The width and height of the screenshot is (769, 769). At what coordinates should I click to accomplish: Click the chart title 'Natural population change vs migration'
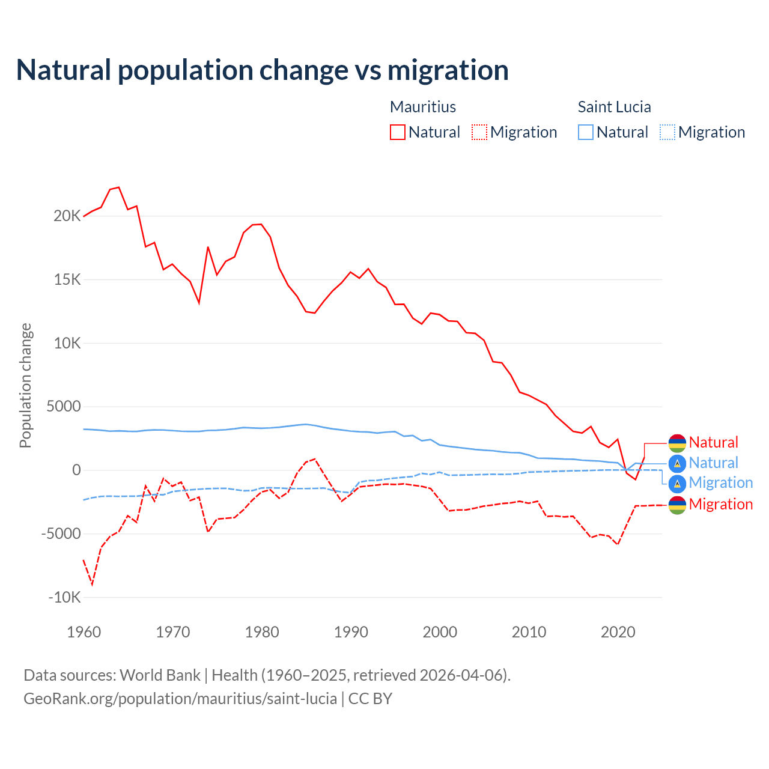pos(263,70)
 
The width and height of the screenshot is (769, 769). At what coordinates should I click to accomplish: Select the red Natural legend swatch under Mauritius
pos(398,132)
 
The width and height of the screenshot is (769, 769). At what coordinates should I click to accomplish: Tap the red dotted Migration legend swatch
pos(479,132)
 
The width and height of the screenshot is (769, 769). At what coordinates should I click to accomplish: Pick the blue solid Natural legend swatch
pos(586,132)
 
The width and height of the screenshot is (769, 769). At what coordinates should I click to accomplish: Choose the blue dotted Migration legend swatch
pos(667,132)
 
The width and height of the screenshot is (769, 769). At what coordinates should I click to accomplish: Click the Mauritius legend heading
pos(423,107)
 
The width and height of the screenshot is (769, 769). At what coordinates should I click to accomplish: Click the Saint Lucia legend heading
pos(614,107)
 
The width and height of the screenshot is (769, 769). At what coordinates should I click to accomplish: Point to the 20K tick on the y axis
pos(67,216)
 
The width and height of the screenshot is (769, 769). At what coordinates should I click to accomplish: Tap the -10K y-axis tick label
pos(64,597)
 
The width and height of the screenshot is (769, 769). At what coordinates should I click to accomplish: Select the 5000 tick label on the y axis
pos(64,407)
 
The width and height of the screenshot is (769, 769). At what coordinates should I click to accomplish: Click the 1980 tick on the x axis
pos(262,632)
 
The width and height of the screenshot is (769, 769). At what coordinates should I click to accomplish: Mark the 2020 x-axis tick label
pos(618,632)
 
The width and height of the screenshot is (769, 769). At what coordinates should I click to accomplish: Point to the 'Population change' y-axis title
pos(25,385)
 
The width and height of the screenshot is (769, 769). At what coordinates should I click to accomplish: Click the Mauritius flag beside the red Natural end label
pos(677,443)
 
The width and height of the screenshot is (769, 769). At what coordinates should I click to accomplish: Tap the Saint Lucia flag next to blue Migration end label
pos(677,483)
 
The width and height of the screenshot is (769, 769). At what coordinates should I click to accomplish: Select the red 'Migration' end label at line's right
pos(720,504)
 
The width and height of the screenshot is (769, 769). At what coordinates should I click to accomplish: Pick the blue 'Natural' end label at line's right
pos(713,463)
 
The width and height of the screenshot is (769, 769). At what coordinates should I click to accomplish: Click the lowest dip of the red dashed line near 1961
pos(92,584)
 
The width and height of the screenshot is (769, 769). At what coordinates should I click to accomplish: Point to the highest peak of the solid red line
pos(119,187)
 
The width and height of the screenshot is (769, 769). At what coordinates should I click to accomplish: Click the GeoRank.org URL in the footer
pos(180,699)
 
